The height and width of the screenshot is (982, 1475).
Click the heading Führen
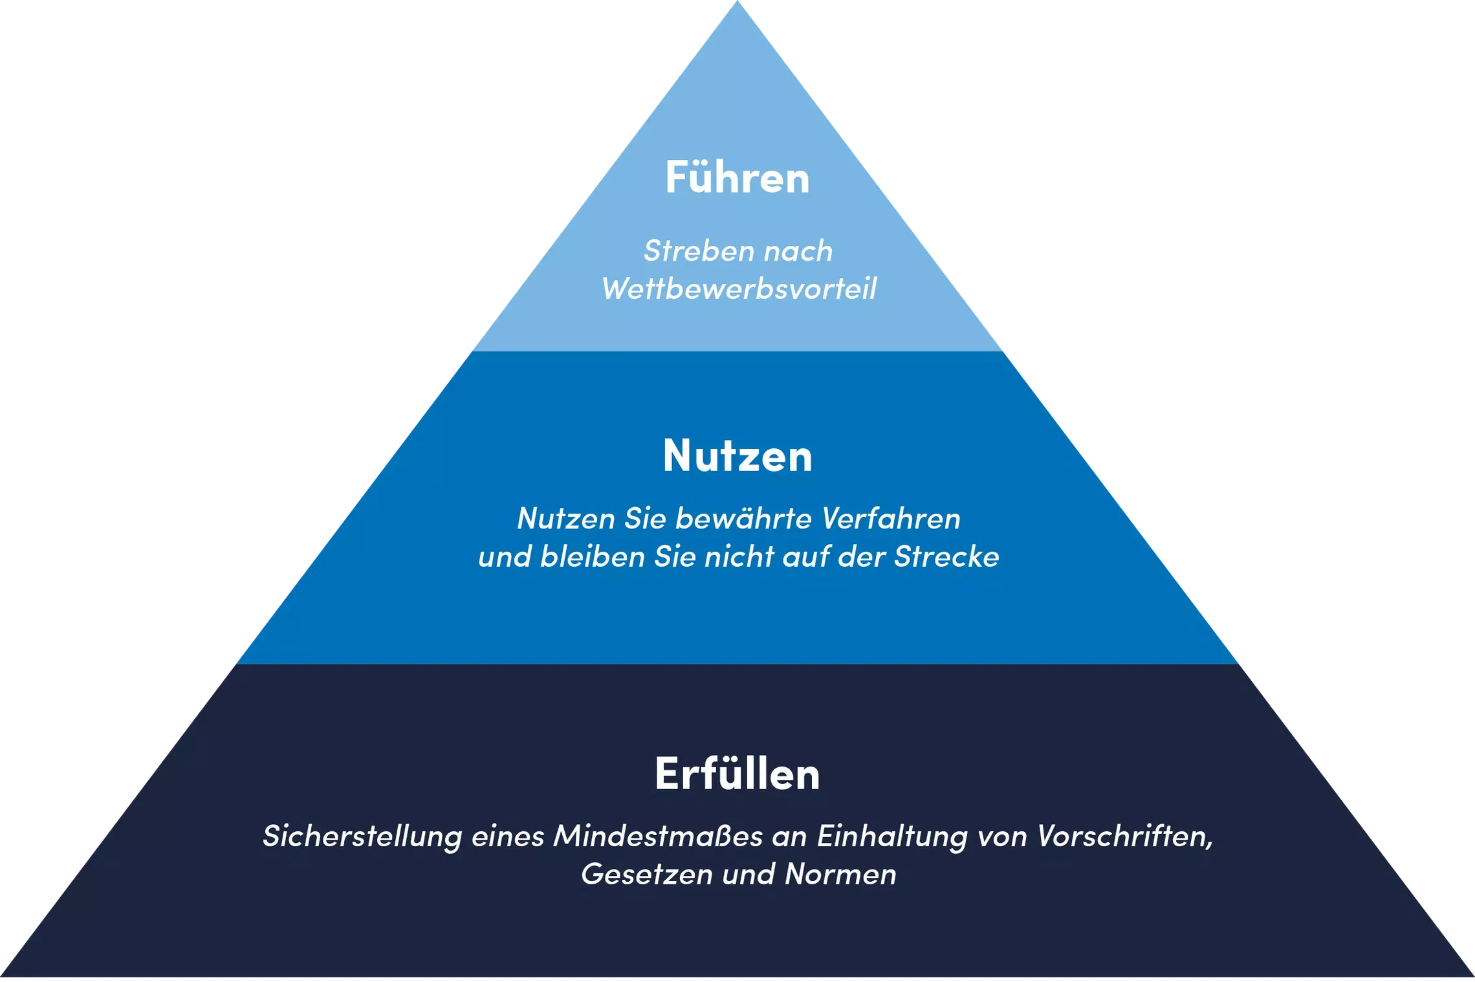pos(737,176)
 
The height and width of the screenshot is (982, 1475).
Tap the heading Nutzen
pos(737,455)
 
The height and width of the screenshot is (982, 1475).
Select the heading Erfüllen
pos(737,772)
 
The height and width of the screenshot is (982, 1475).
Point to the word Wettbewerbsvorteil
pos(739,289)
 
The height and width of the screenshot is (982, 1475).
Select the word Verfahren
pos(891,518)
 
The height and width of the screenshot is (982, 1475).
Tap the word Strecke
pos(946,556)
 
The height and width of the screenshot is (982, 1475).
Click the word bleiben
pos(593,556)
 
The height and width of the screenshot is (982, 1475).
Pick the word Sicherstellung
pos(362,836)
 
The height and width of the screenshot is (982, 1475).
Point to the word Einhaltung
pos(892,836)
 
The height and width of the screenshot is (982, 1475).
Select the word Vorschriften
pos(1125,836)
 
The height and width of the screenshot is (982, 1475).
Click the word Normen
pos(840,874)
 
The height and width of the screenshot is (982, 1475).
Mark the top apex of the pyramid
pos(737,1)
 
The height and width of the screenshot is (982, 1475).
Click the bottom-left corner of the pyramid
pos(2,976)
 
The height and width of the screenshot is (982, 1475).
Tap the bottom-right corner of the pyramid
pos(1473,976)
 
